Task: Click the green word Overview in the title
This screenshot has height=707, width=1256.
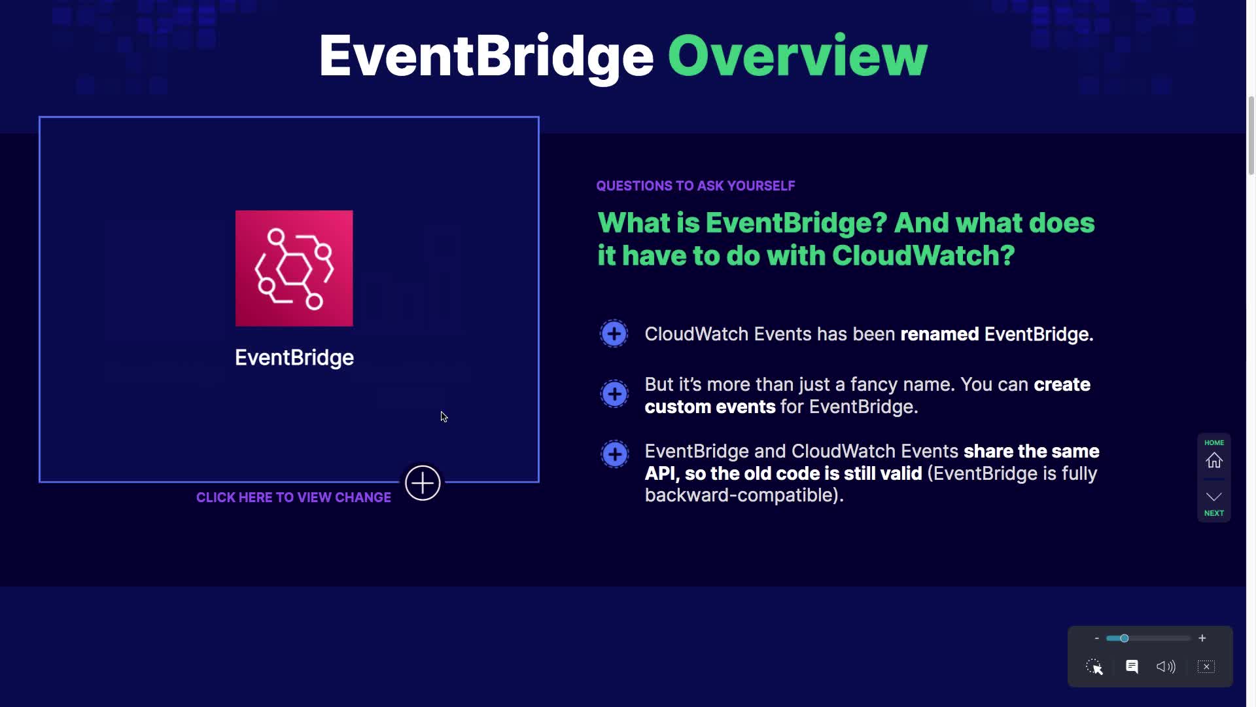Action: (x=797, y=56)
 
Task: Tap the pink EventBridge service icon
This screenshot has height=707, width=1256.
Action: (x=294, y=268)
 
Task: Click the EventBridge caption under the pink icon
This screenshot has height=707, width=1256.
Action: (x=294, y=357)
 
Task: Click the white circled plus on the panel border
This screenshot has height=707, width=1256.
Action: (x=423, y=483)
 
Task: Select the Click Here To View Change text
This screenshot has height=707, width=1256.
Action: (x=294, y=498)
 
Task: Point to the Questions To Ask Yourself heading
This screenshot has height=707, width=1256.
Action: (x=695, y=186)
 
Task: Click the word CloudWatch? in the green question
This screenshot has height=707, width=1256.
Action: (x=923, y=255)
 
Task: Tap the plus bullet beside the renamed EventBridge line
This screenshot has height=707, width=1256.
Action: (x=614, y=334)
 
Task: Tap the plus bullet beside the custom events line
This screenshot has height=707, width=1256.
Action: (x=614, y=394)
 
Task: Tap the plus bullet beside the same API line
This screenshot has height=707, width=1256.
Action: (x=614, y=454)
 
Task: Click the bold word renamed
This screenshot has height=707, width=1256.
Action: (x=939, y=334)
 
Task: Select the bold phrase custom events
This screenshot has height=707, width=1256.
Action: (x=710, y=407)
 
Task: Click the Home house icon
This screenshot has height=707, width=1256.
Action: (x=1214, y=460)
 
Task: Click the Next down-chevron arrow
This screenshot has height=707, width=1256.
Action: (x=1214, y=497)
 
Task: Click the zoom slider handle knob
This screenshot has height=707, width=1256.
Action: (x=1124, y=638)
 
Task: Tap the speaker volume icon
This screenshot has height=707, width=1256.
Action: (x=1166, y=666)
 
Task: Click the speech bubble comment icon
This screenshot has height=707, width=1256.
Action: (x=1132, y=666)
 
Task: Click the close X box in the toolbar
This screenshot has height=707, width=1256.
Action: (x=1206, y=666)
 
